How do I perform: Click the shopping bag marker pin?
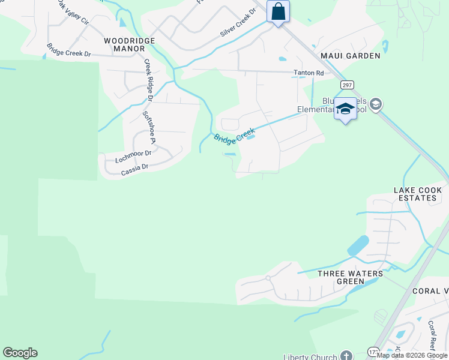point(279,11)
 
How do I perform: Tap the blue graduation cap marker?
point(345,109)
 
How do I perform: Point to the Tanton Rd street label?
point(308,73)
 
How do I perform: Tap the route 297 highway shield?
point(347,85)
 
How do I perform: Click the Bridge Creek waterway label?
point(235,134)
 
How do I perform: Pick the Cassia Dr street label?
point(134,169)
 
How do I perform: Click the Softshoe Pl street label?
point(148,127)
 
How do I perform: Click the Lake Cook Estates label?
point(418,194)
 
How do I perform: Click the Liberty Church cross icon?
point(346,355)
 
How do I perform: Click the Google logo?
point(20,353)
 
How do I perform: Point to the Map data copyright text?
point(412,356)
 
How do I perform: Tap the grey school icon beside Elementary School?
point(376,104)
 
